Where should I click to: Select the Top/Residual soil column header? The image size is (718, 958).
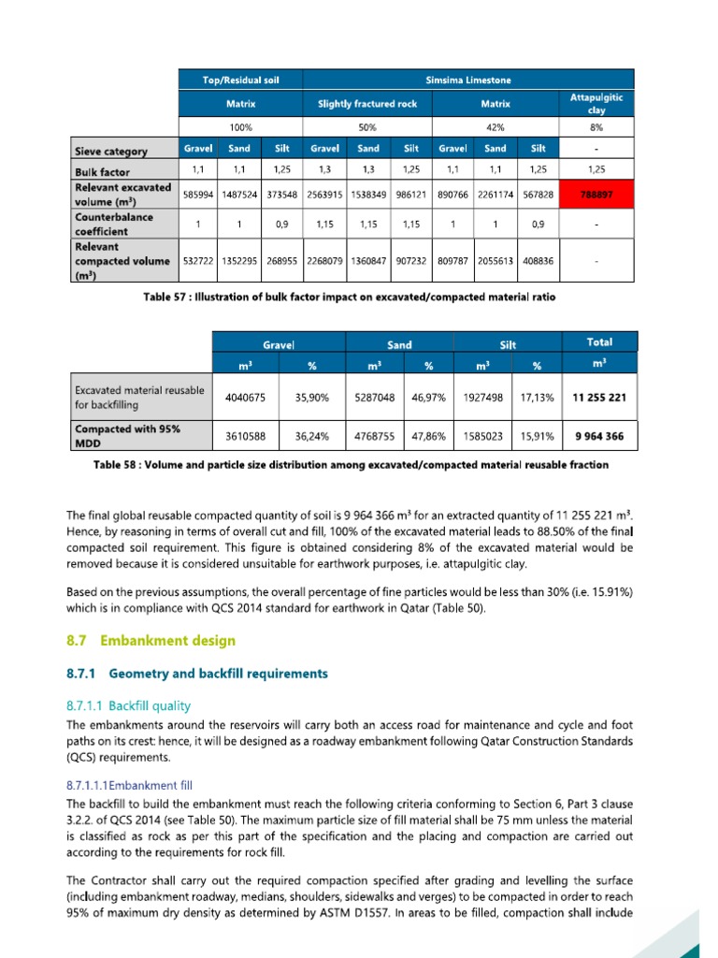tap(240, 80)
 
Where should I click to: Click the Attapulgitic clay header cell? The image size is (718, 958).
tap(596, 103)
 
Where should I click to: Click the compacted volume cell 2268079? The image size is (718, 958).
tap(324, 262)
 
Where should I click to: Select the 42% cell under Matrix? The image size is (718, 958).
tap(495, 126)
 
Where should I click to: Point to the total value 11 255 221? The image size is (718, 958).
tap(598, 398)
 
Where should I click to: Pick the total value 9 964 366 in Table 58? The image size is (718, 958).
tap(598, 436)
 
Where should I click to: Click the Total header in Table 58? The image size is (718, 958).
tap(598, 342)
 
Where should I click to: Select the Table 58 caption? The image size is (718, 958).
tap(351, 465)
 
